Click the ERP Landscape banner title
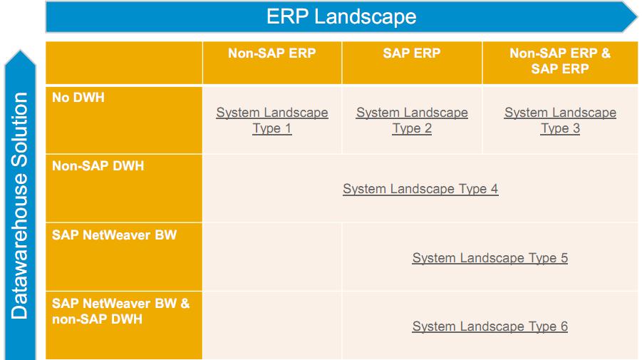point(341,16)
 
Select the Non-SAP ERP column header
point(271,53)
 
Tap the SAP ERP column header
point(412,53)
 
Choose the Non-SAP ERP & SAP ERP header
point(560,61)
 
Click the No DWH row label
point(78,97)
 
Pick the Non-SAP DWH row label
point(98,165)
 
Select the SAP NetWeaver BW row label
point(114,235)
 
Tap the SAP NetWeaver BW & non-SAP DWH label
point(121,312)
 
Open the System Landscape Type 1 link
point(272,120)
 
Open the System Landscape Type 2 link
point(412,120)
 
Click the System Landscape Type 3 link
point(560,120)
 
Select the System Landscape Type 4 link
point(420,189)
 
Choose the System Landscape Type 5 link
point(490,258)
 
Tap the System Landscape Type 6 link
point(490,326)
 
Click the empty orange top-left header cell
point(124,63)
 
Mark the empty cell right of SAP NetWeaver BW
point(272,257)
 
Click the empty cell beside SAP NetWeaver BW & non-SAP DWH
point(272,325)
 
